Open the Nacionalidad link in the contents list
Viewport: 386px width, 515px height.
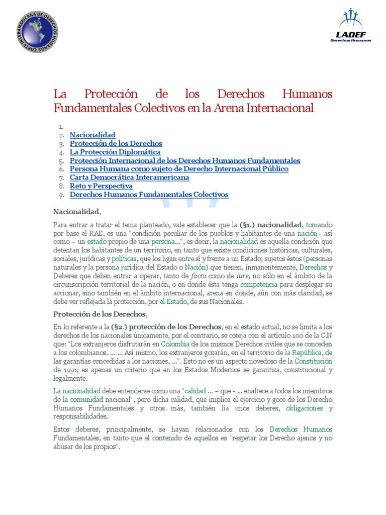(92, 135)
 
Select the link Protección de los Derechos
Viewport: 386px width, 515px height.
(116, 143)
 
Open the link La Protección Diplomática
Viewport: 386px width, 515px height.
(115, 152)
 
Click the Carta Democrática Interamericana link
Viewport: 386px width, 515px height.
(129, 178)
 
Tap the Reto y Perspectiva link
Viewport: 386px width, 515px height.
(101, 186)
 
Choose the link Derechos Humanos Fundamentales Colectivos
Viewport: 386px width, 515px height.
(149, 195)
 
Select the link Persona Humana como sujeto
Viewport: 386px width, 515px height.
(179, 169)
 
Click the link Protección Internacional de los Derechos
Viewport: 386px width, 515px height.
(185, 160)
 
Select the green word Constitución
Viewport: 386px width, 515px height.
(314, 362)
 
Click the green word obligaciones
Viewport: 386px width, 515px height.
(304, 408)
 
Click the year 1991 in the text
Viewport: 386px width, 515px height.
(61, 370)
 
